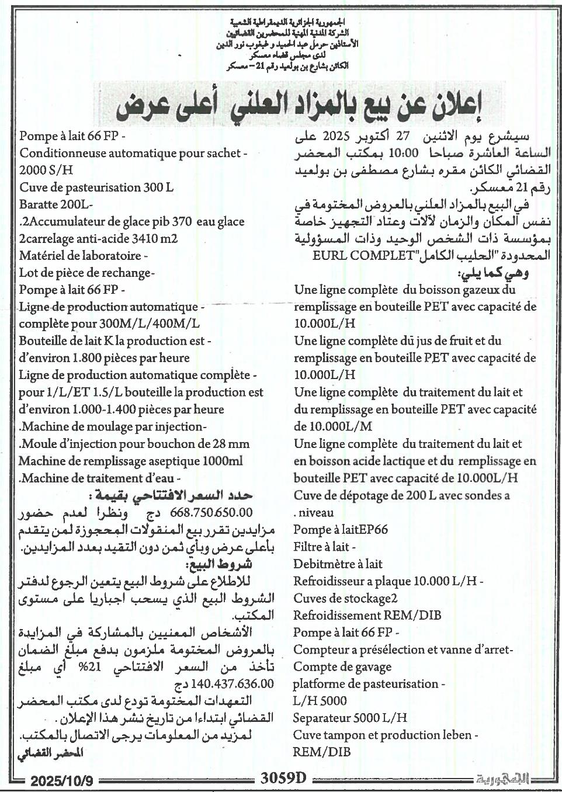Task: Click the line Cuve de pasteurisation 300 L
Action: tap(96, 188)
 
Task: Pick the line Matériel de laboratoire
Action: tap(83, 256)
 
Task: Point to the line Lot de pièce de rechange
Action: tap(86, 273)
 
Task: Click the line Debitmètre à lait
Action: tap(338, 564)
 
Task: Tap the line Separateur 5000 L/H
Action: tap(350, 718)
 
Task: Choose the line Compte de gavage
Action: tap(342, 666)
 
